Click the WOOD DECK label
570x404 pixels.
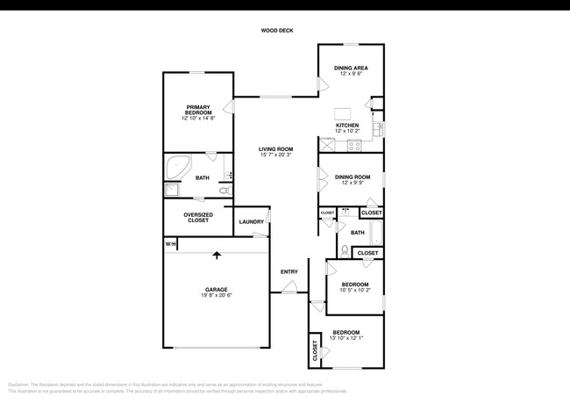[x=277, y=31]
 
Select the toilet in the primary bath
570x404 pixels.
[x=224, y=190]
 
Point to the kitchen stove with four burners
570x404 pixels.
[x=355, y=146]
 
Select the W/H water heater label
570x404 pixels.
[x=171, y=243]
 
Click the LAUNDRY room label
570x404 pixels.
[x=251, y=221]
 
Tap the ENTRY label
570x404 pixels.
[x=289, y=271]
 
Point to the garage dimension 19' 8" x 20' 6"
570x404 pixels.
[x=217, y=296]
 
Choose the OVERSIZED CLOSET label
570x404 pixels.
[x=196, y=217]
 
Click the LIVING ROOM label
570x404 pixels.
[x=275, y=149]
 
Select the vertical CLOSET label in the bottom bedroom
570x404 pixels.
[x=315, y=351]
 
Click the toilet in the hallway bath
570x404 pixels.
[x=346, y=251]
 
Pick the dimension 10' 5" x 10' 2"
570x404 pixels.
[x=355, y=291]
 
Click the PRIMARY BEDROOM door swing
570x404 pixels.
[x=229, y=107]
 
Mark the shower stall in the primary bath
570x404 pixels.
[x=172, y=190]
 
